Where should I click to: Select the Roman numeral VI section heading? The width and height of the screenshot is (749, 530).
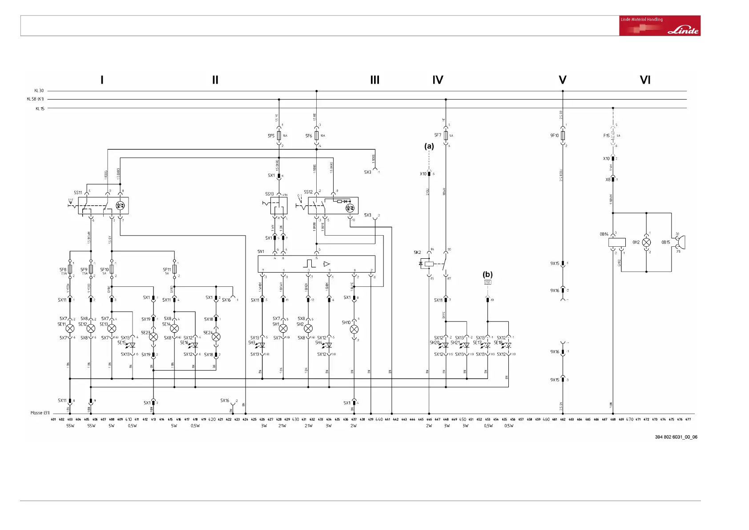[x=644, y=80]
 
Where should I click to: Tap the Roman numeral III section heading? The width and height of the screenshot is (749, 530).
[x=374, y=80]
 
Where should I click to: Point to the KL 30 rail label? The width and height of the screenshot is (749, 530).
[x=39, y=91]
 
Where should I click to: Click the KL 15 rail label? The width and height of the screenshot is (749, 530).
[x=40, y=109]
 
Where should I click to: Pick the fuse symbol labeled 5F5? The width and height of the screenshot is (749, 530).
[x=279, y=135]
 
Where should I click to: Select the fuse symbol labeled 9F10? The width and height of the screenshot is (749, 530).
[x=563, y=135]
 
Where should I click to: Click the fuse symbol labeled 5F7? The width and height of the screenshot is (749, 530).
[x=446, y=135]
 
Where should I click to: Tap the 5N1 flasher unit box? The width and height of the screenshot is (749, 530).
[x=316, y=264]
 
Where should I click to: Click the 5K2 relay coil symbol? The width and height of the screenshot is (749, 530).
[x=429, y=264]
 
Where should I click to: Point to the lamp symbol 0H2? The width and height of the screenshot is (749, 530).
[x=646, y=243]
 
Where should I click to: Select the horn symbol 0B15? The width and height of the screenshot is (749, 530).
[x=679, y=243]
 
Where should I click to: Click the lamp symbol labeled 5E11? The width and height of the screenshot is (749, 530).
[x=70, y=329]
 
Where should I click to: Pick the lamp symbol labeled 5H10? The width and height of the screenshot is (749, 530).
[x=354, y=330]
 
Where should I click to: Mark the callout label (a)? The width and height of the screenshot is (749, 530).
[x=429, y=146]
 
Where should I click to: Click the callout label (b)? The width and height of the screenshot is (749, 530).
[x=487, y=274]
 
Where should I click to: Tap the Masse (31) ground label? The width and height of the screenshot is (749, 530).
[x=40, y=413]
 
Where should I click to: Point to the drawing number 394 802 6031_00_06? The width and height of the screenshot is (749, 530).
[x=676, y=437]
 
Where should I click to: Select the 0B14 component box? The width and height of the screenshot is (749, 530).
[x=616, y=243]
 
